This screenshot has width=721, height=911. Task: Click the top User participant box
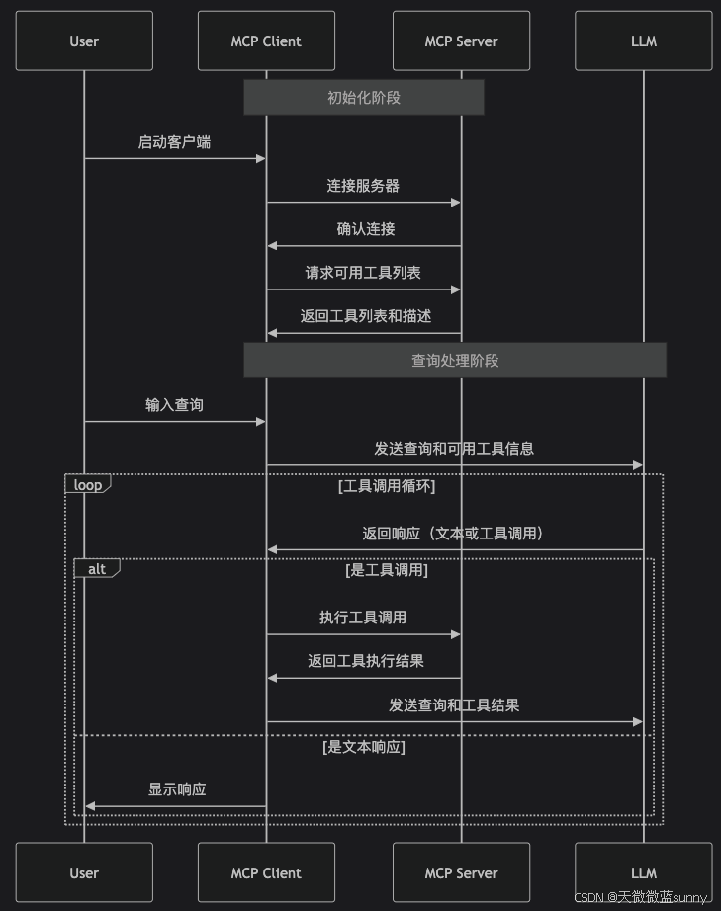84,41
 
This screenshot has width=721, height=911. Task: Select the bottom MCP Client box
265,872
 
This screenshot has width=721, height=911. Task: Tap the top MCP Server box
461,41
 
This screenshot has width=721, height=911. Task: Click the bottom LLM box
643,872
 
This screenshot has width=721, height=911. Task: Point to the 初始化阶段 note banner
364,97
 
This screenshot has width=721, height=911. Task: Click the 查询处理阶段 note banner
455,361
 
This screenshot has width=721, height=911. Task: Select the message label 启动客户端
174,141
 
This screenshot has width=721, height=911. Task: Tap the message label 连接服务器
363,185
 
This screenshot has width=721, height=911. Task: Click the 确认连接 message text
365,228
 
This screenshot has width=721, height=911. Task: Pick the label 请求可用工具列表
364,272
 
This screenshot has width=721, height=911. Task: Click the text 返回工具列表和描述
366,316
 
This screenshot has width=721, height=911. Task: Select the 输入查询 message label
174,404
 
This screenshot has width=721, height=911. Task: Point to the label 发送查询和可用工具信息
454,448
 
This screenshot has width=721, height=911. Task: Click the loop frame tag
87,484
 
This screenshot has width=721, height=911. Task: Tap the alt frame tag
96,568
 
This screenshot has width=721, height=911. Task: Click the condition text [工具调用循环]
387,485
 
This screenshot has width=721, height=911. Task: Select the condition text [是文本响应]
364,747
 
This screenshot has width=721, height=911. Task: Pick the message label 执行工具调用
362,618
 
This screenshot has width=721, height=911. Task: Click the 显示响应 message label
177,789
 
